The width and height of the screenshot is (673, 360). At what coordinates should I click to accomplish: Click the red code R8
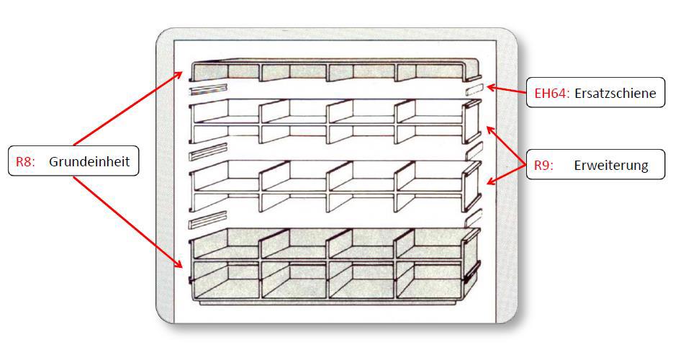[25, 162]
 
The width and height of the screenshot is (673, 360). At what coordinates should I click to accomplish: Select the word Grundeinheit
[89, 162]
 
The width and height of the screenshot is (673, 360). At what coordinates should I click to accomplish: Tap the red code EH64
[552, 93]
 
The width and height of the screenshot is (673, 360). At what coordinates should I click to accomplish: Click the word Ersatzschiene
[615, 93]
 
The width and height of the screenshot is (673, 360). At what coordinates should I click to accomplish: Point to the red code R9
[543, 165]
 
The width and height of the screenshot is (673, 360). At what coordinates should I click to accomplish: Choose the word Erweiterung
[611, 165]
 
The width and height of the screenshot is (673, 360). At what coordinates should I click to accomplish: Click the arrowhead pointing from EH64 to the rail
[491, 88]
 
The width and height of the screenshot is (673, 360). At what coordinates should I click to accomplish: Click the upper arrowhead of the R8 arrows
[178, 76]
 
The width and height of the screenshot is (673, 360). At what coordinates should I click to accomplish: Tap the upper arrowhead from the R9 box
[491, 130]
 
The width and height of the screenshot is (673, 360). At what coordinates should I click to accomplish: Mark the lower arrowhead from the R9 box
[492, 181]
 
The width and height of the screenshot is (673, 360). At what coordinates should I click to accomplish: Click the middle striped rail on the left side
[208, 151]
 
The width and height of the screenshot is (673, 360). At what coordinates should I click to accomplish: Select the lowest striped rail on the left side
[208, 220]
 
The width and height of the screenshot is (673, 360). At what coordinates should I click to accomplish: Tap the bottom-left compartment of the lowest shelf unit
[227, 280]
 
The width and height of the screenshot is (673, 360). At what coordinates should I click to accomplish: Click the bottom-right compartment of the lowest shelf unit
[429, 280]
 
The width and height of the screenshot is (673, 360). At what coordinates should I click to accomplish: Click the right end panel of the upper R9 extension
[471, 122]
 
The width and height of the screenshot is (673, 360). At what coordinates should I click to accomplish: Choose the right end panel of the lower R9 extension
[471, 186]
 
